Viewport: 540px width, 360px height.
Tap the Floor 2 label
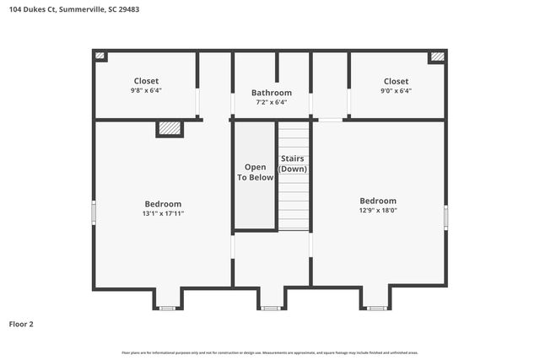tap(21, 324)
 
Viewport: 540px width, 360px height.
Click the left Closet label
tap(146, 81)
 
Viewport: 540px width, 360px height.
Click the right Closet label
tap(396, 81)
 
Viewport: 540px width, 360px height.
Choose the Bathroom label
tap(272, 93)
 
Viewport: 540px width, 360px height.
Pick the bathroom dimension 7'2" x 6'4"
tap(272, 102)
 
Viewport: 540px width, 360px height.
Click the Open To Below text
tap(255, 172)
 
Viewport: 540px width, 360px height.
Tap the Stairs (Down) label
tap(293, 164)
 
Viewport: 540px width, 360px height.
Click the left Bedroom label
tap(163, 204)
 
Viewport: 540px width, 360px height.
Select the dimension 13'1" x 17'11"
tap(163, 214)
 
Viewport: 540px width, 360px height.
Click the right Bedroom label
tap(378, 201)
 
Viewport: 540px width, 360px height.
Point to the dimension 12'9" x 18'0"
tap(378, 211)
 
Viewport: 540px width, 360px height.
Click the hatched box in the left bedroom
tap(170, 128)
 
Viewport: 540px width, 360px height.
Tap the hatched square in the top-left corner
tap(100, 56)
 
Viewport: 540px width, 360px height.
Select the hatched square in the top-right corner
tap(437, 56)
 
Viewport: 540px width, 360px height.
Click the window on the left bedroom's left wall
tap(94, 212)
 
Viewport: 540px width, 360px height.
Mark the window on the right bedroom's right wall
tap(445, 217)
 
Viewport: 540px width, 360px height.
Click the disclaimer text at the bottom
tap(270, 352)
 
